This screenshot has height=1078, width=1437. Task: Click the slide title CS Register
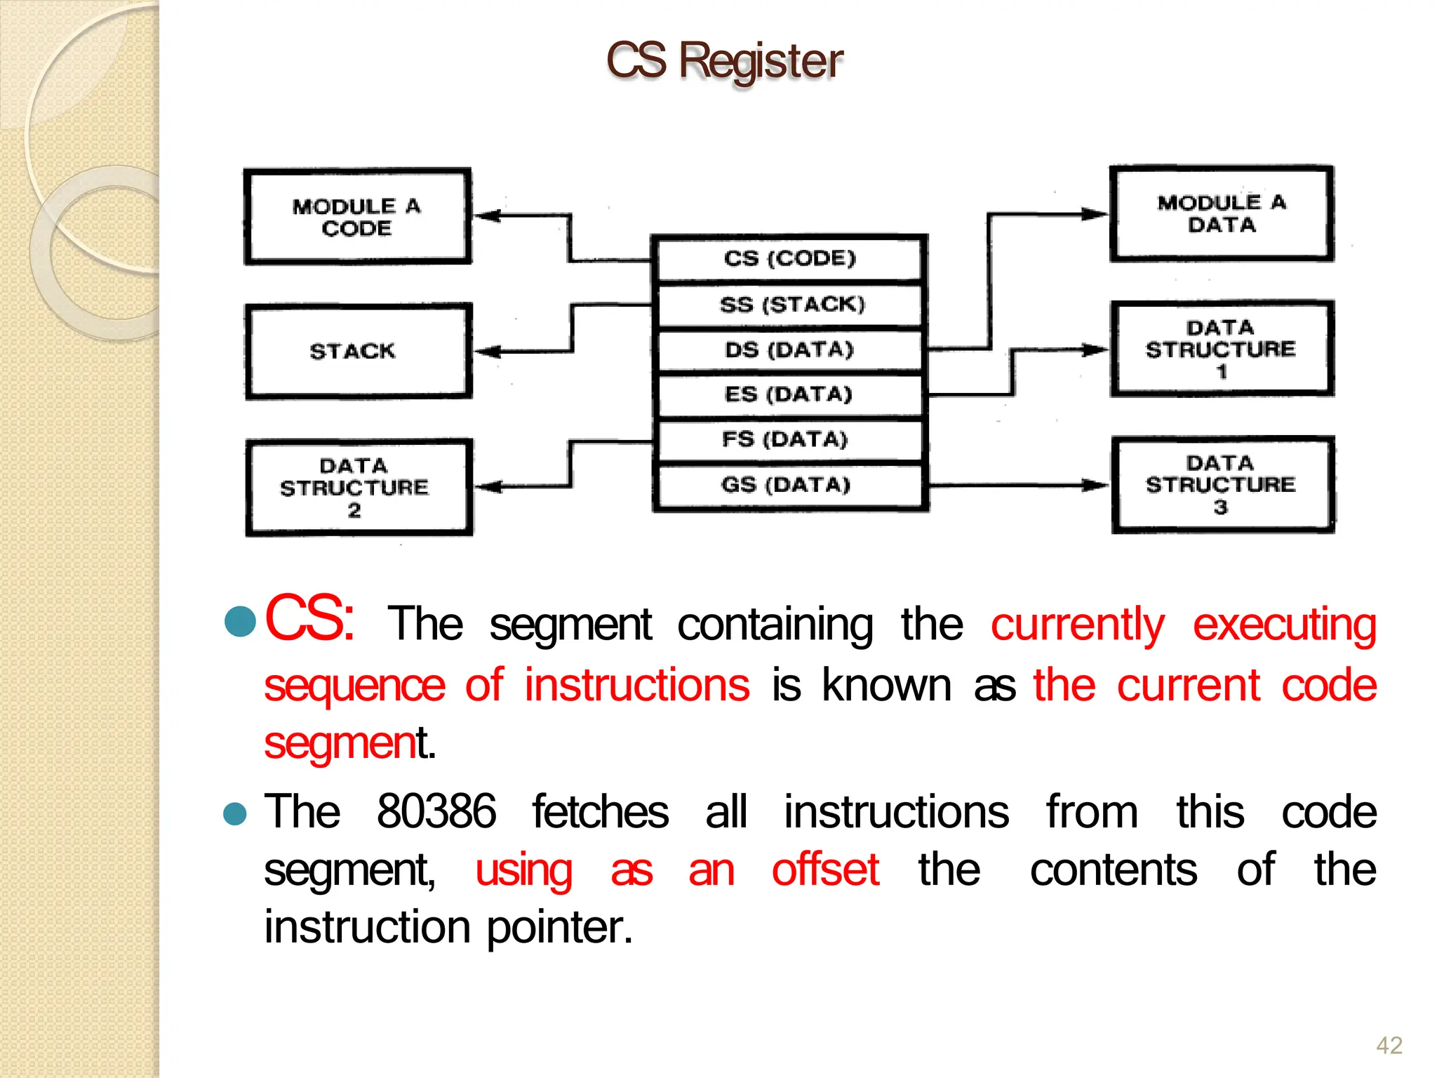coord(724,60)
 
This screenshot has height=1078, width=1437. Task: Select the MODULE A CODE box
coord(356,216)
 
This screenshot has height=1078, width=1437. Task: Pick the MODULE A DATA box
coord(1221,213)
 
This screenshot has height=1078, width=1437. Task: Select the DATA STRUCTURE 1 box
coord(1221,349)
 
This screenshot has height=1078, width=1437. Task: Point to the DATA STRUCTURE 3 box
coord(1221,484)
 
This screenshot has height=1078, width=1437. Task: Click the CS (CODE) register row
coord(789,258)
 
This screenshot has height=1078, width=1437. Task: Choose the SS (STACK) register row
coord(789,305)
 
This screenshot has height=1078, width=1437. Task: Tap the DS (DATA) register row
coord(789,350)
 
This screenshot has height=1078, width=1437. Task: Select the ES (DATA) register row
coord(789,394)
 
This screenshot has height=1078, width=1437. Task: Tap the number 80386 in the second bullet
coord(436,812)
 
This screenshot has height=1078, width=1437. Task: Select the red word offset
coord(825,870)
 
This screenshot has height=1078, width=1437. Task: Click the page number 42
coord(1389,1045)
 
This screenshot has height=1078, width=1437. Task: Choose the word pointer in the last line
coord(559,928)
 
